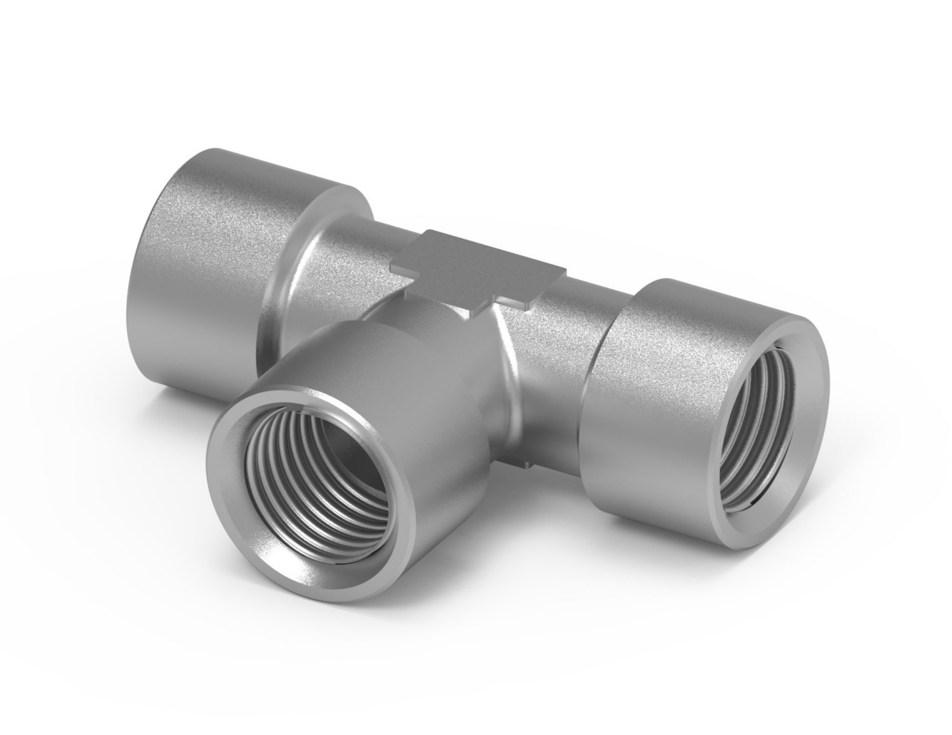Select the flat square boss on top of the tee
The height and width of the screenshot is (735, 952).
[x=479, y=267]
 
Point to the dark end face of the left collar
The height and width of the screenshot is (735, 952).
[x=143, y=267]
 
